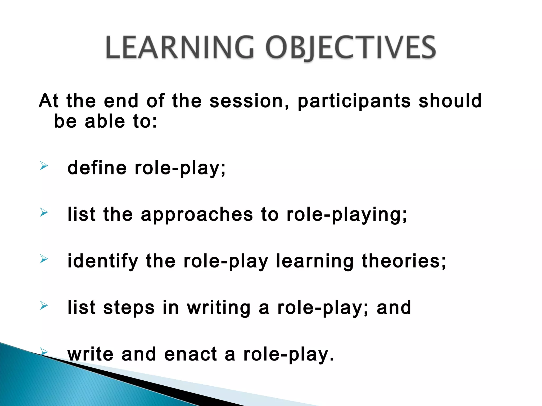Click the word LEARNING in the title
(x=179, y=48)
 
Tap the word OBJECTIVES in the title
(x=350, y=48)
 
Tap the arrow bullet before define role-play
(x=44, y=166)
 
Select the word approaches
(x=197, y=215)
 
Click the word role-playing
(x=347, y=215)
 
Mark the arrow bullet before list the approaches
(x=44, y=212)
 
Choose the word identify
(x=103, y=261)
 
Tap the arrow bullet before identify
(x=44, y=259)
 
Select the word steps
(x=129, y=308)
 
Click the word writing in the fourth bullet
(x=219, y=308)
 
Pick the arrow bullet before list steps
(x=44, y=306)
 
